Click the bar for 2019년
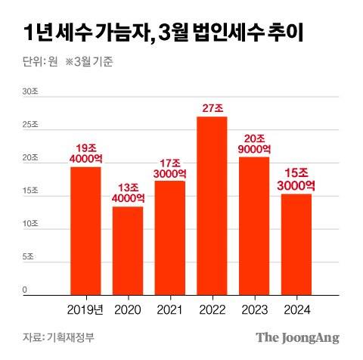click(x=85, y=230)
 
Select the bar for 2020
click(x=128, y=250)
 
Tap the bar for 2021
click(x=169, y=237)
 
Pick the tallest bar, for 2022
click(x=212, y=205)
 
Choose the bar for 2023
click(x=254, y=225)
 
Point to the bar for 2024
click(x=296, y=244)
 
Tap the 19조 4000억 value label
click(x=85, y=153)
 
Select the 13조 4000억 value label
click(x=128, y=192)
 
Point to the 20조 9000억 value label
click(x=254, y=144)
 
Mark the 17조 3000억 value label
click(x=169, y=167)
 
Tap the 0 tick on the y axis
click(x=25, y=290)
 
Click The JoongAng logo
click(x=296, y=337)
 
